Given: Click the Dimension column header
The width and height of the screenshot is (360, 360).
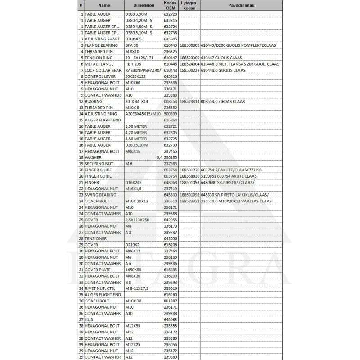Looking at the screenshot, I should (144, 5).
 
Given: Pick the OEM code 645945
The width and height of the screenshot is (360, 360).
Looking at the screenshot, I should (171, 39).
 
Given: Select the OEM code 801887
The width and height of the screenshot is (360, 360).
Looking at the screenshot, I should (171, 301).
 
